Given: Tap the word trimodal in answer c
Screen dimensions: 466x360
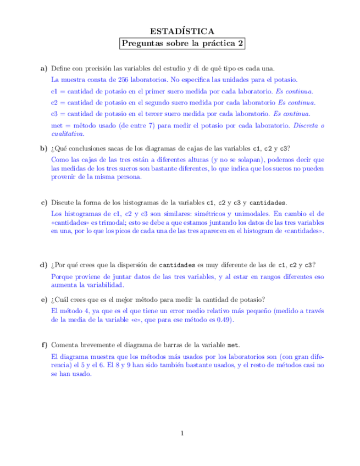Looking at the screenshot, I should [114, 223].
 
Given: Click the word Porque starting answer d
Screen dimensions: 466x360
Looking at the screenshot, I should [60, 276].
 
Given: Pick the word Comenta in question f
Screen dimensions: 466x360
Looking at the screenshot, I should [64, 345].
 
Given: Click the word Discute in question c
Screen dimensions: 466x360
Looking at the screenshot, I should [62, 202].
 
